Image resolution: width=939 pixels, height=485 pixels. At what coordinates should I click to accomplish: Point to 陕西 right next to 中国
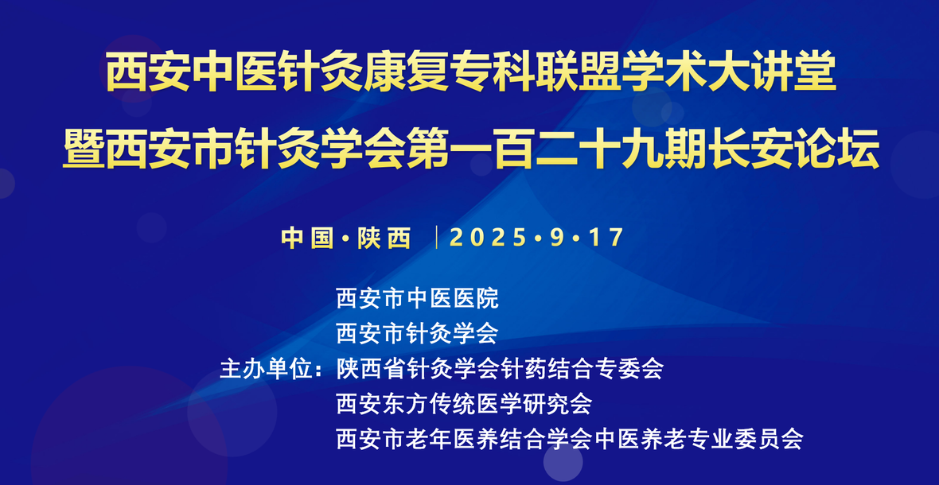click(384, 238)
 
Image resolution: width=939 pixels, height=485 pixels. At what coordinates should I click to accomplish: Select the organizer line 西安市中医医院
click(418, 298)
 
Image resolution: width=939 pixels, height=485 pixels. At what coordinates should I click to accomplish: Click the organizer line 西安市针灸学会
click(418, 333)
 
